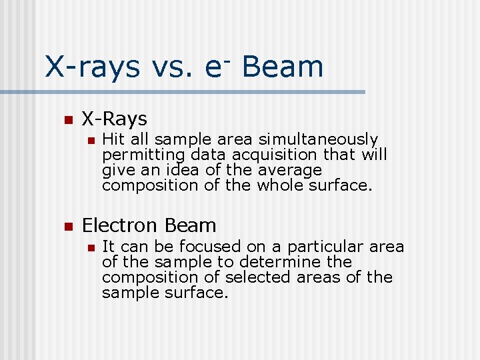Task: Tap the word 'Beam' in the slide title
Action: click(283, 67)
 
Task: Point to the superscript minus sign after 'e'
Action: click(227, 59)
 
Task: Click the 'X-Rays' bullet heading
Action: click(114, 119)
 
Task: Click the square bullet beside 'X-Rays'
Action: click(67, 121)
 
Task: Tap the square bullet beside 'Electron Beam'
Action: click(67, 227)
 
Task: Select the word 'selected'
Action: click(254, 277)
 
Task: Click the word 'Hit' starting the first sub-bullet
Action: click(113, 139)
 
